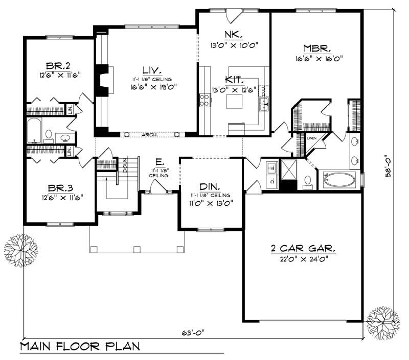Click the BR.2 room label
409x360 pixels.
(x=58, y=65)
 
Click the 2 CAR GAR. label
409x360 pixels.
(x=303, y=249)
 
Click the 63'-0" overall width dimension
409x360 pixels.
(x=195, y=332)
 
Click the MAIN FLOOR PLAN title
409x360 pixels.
(x=80, y=347)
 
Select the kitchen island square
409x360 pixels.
(x=234, y=102)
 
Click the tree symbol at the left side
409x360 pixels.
(x=20, y=250)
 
